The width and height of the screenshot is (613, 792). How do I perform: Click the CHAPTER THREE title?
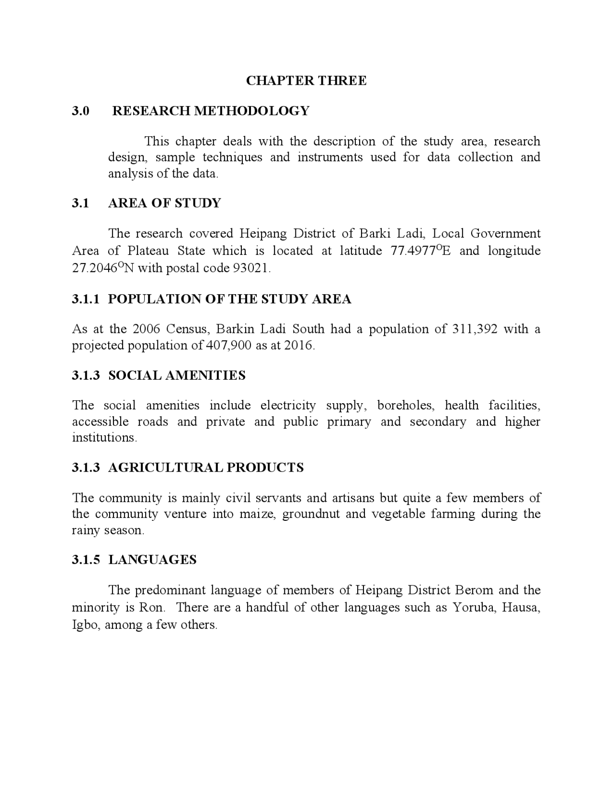306,80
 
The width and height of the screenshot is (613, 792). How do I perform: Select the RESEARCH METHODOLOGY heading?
211,111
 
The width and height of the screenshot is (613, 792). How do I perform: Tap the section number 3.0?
80,111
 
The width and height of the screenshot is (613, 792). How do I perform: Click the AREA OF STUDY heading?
164,203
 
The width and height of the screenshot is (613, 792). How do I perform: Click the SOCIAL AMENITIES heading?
177,375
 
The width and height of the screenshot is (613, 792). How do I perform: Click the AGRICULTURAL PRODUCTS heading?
206,468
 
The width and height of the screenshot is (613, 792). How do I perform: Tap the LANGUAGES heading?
152,560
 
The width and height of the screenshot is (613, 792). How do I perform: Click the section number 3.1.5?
86,560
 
